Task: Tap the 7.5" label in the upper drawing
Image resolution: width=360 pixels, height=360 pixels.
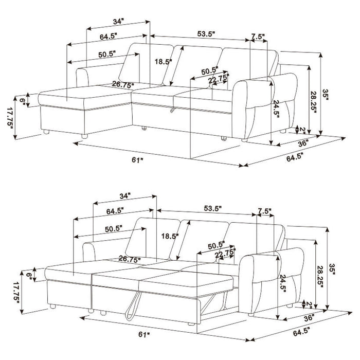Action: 259,37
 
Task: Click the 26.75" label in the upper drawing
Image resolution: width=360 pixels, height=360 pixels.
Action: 123,84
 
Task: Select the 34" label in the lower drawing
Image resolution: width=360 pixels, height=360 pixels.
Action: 124,196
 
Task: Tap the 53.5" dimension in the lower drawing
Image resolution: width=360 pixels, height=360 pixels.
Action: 212,208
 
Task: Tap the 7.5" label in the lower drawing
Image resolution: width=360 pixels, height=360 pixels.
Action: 264,211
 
